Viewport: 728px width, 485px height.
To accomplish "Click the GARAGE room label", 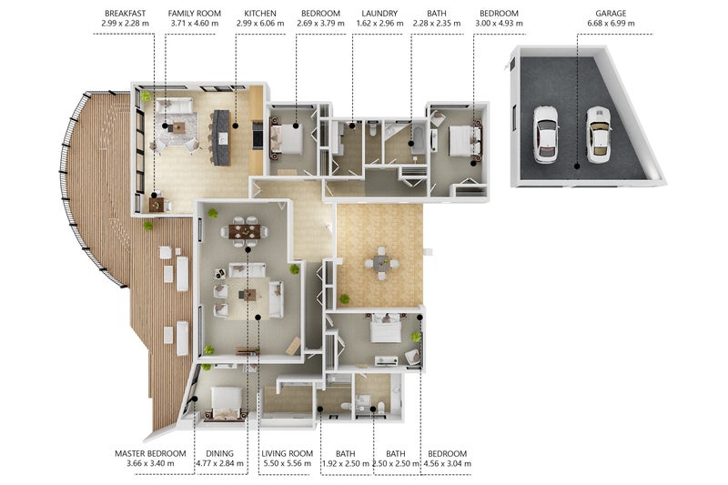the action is coord(611,14).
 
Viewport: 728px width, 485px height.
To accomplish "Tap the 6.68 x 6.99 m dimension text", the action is coord(611,24).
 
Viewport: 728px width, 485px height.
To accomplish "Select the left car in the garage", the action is coord(545,135).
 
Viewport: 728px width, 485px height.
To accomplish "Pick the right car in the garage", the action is coord(598,135).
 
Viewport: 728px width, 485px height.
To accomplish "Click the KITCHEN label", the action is coord(260,14).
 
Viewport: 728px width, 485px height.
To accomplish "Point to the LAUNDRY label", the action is coord(379,14).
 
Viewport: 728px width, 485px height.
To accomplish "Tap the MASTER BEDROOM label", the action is coord(150,453).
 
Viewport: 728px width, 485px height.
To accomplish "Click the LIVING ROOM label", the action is coord(287,453).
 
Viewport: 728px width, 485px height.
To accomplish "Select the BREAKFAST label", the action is coord(125,14).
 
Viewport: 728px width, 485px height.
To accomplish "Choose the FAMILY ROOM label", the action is coord(194,14).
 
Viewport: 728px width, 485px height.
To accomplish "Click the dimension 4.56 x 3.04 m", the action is coord(447,463).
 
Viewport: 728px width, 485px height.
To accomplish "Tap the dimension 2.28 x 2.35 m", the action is coord(437,24).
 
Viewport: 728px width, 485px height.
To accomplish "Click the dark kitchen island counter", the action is coord(221,137).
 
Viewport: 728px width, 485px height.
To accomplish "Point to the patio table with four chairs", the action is coord(381,264).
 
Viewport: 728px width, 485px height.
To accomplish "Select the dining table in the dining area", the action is coord(245,231).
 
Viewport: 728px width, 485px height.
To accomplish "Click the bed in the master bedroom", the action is coord(226,404).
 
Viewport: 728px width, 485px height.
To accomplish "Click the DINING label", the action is coord(219,453).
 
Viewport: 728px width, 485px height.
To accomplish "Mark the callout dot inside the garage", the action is coord(576,167).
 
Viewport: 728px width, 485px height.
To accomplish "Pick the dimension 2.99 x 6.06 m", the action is coord(260,24).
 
